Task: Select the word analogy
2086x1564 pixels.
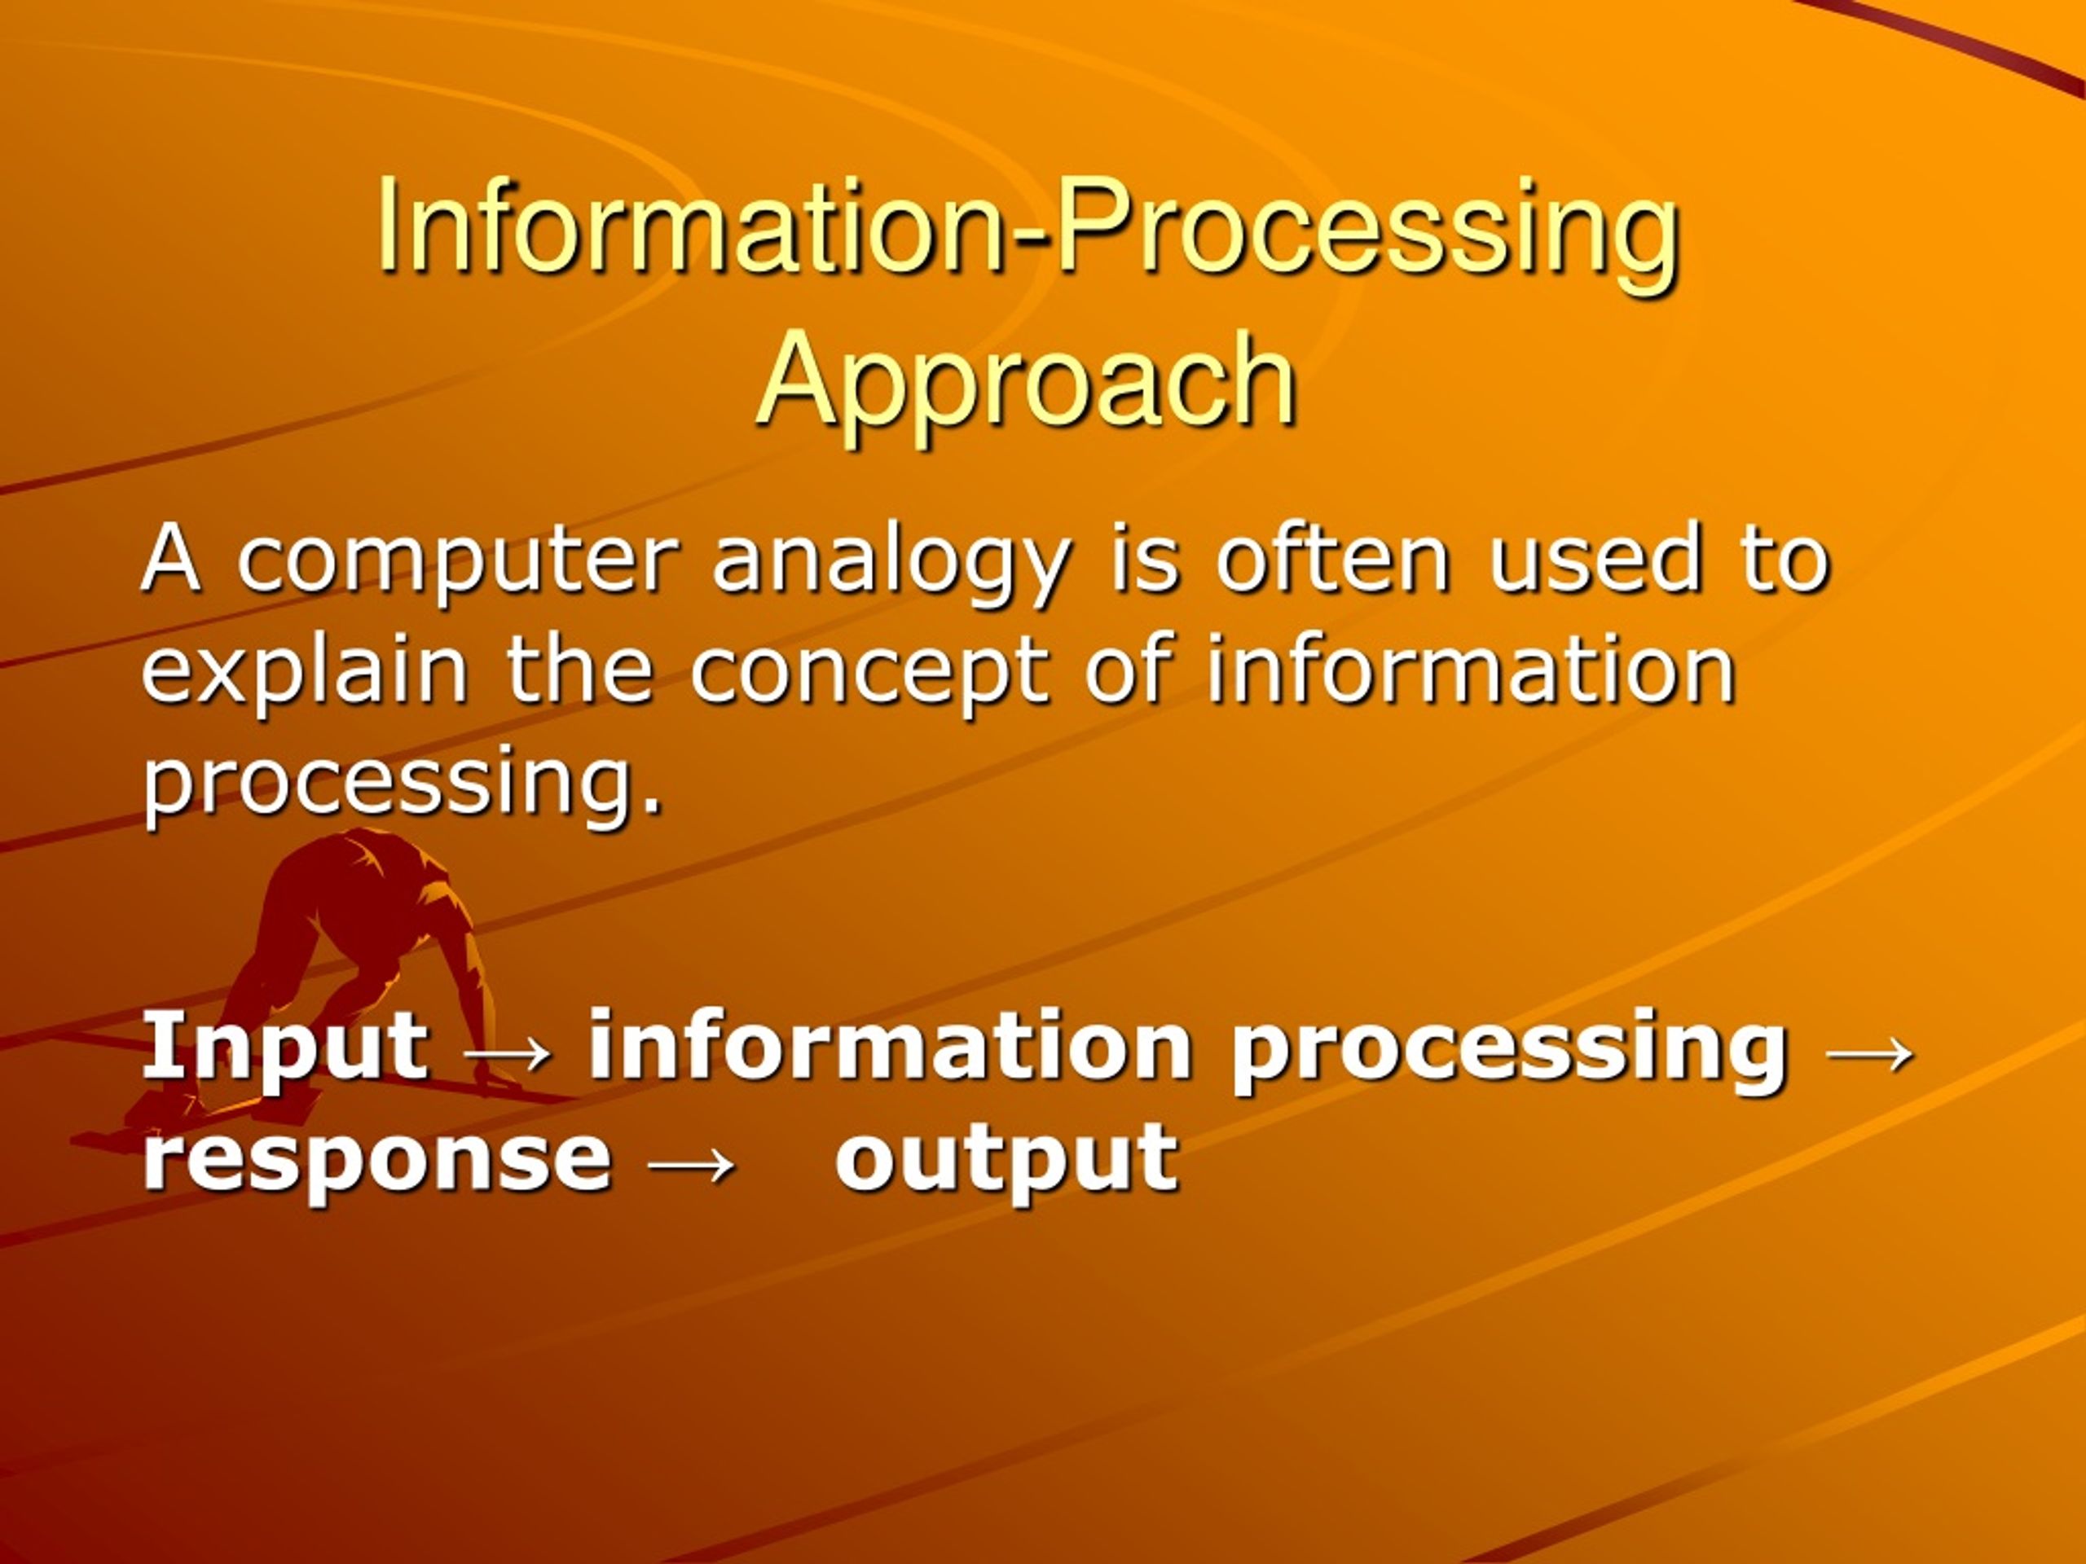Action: coord(891,564)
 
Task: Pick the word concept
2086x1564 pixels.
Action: coord(869,672)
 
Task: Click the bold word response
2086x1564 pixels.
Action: coord(376,1158)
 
